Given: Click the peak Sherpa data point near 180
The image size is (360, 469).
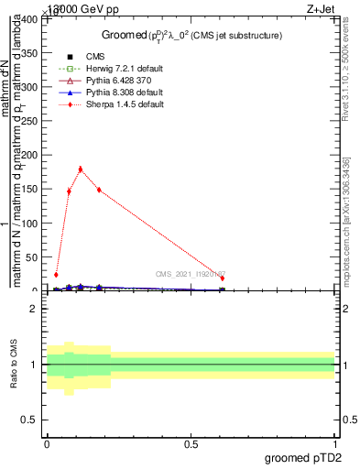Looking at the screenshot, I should point(81,169).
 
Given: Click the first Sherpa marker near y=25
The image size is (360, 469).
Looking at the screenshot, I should point(56,274).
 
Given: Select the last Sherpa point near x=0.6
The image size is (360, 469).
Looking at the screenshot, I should point(222,278).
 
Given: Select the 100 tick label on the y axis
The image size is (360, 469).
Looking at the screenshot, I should point(30,224).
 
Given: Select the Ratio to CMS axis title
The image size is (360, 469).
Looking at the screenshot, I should point(14,365).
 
